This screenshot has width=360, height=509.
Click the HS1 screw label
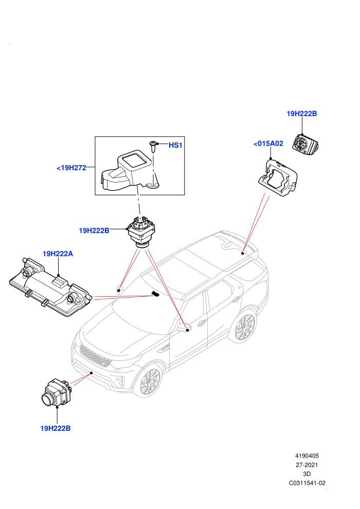(x=175, y=145)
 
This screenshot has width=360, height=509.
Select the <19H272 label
(x=71, y=168)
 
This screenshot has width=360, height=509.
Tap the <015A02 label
(x=268, y=143)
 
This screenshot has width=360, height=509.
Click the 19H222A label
(x=58, y=253)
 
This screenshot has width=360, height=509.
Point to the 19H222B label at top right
(x=301, y=114)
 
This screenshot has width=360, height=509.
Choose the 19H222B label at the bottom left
(x=55, y=428)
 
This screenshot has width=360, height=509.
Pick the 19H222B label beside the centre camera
(x=94, y=230)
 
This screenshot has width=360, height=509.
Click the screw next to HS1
(x=153, y=147)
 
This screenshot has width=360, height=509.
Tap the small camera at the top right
(x=305, y=143)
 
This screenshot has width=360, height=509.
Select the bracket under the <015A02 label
(x=278, y=177)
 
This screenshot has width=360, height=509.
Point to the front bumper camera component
(x=56, y=393)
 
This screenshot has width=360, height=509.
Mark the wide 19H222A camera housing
(x=50, y=287)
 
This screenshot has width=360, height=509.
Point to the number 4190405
(x=307, y=456)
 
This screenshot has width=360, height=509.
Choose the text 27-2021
(x=307, y=465)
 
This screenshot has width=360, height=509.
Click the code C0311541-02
(x=307, y=483)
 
